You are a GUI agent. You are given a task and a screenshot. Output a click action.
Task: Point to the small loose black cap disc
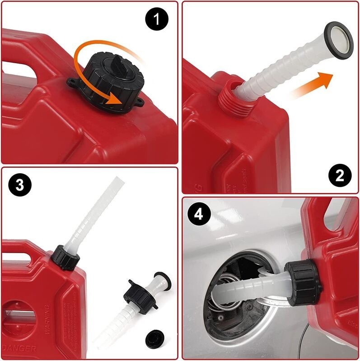click(155, 338)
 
